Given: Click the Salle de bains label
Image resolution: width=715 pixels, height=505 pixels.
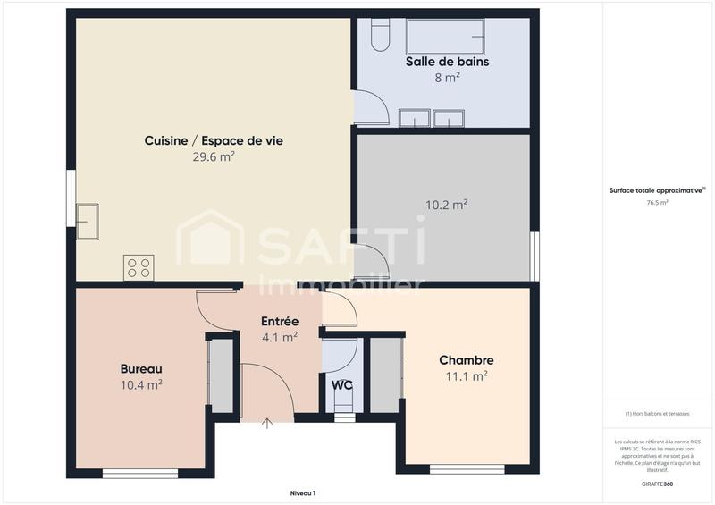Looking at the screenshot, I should [x=447, y=62].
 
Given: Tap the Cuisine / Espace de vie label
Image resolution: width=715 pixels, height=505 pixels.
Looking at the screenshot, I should [x=214, y=140].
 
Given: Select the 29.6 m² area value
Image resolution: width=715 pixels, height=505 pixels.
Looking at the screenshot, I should [x=214, y=156].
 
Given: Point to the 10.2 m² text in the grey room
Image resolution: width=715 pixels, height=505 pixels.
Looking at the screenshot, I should [x=447, y=205].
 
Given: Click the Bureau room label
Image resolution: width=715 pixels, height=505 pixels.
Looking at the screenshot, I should [x=141, y=368].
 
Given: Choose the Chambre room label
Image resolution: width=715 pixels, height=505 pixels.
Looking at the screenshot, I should [x=467, y=360].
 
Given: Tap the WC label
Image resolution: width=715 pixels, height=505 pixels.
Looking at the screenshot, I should [x=342, y=385].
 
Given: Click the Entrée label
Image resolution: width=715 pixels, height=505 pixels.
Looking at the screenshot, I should [x=280, y=321].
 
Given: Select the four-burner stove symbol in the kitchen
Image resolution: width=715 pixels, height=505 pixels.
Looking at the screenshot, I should [x=139, y=267].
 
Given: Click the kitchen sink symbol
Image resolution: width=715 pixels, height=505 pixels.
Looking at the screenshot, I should [x=88, y=221].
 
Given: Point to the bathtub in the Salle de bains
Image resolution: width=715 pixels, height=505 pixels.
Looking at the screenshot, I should [x=446, y=37].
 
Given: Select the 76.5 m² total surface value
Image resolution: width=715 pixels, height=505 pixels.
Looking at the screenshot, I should [x=658, y=203].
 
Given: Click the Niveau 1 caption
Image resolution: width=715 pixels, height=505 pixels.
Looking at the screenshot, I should [x=303, y=492].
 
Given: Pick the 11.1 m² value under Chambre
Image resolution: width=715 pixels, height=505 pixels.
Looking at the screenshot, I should [x=467, y=376].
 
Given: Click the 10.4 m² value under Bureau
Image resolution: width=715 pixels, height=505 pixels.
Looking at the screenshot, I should [x=141, y=384].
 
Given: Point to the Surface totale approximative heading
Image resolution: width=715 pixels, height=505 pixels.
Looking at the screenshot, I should [x=657, y=189].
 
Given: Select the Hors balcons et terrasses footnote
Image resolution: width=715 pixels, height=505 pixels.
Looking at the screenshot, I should [x=658, y=414].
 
